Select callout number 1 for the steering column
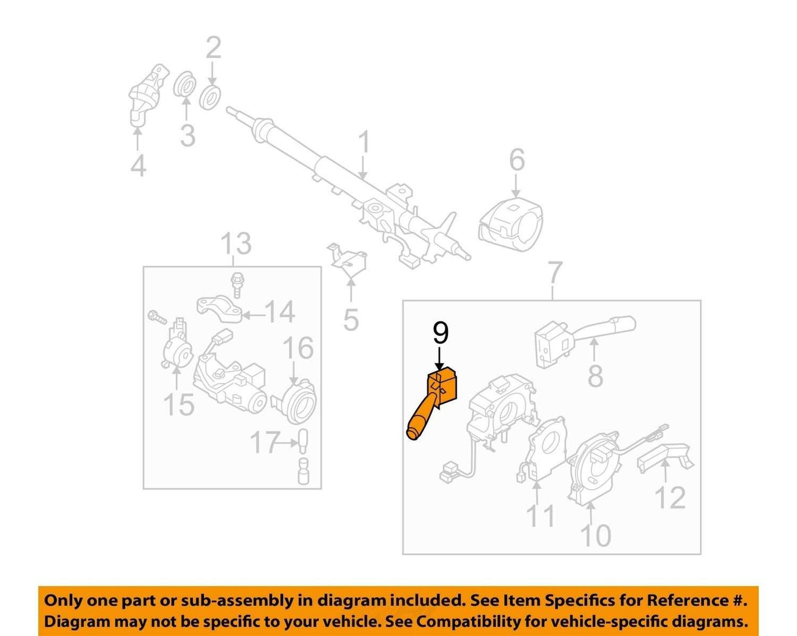click(x=365, y=142)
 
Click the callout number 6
click(x=517, y=159)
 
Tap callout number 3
click(x=188, y=136)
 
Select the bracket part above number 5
click(x=348, y=260)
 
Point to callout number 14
click(x=280, y=312)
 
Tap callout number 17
click(x=264, y=442)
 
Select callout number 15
click(x=179, y=404)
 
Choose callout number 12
click(x=670, y=498)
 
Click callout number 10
click(x=596, y=535)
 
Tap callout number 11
click(x=541, y=516)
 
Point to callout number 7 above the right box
click(x=555, y=273)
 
